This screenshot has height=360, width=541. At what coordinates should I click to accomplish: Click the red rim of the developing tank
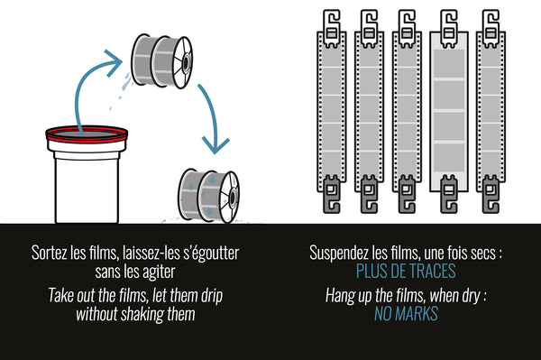pyautogui.click(x=87, y=140)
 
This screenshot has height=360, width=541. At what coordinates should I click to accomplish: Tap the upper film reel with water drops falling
pyautogui.click(x=161, y=61)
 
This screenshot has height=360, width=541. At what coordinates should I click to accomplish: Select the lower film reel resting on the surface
pyautogui.click(x=209, y=195)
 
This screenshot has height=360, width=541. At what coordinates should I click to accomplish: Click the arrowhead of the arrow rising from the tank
pyautogui.click(x=114, y=63)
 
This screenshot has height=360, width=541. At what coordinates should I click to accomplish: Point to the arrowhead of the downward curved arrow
pyautogui.click(x=215, y=145)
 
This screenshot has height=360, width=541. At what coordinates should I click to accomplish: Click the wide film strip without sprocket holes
pyautogui.click(x=449, y=111)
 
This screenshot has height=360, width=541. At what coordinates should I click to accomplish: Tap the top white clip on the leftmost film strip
pyautogui.click(x=332, y=28)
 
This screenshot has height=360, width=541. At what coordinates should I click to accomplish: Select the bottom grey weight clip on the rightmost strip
pyautogui.click(x=491, y=194)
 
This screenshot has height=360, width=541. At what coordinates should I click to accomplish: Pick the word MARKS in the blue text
pyautogui.click(x=417, y=314)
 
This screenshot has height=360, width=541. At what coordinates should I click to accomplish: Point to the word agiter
pyautogui.click(x=159, y=272)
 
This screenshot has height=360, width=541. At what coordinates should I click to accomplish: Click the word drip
pyautogui.click(x=212, y=296)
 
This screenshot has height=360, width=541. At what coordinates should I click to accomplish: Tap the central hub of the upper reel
pyautogui.click(x=186, y=62)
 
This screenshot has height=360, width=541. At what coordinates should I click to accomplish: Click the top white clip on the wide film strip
pyautogui.click(x=449, y=28)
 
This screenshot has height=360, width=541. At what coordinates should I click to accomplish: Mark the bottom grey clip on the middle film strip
pyautogui.click(x=407, y=194)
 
